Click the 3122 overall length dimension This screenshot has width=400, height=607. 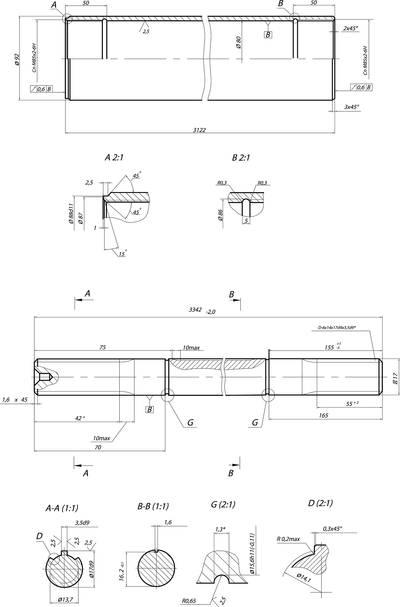[199, 130]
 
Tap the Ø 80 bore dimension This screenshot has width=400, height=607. [239, 43]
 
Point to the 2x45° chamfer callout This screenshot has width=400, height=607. [351, 28]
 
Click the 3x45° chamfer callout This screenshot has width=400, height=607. [352, 107]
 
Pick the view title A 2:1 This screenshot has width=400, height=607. [114, 157]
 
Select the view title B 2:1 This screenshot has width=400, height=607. [241, 158]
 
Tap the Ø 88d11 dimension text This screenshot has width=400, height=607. [71, 213]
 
